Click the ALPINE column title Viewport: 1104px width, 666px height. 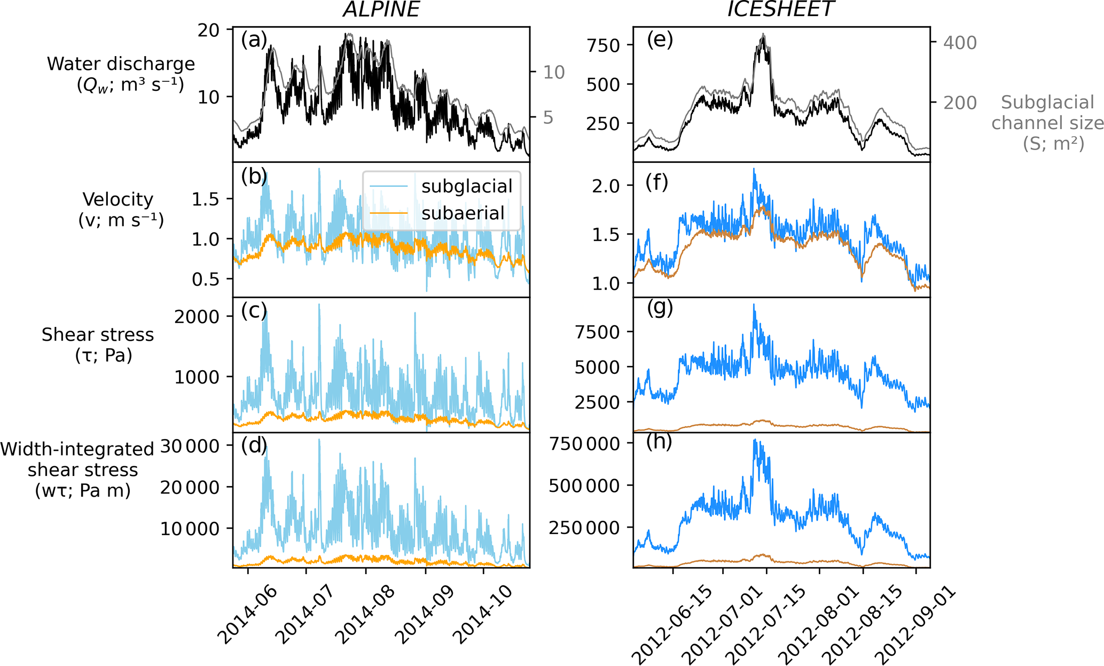coord(381,10)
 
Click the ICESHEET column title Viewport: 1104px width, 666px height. coord(780,10)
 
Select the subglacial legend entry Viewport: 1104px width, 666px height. coord(466,186)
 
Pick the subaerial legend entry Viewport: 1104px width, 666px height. coord(463,213)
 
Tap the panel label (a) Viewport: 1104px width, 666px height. coord(254,40)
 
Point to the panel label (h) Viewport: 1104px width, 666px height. coord(659,442)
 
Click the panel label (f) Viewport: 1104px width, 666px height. coord(656,183)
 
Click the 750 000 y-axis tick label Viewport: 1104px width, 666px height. coord(585,444)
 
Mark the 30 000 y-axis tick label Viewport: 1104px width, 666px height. coord(190,446)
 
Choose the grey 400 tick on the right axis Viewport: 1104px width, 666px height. coord(960,43)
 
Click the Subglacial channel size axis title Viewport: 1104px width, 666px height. coord(1047,123)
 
